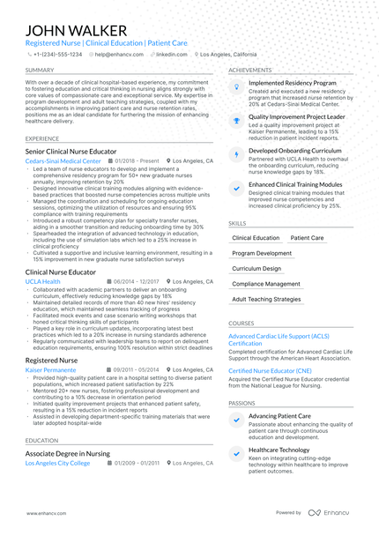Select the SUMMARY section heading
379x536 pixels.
pyautogui.click(x=40, y=70)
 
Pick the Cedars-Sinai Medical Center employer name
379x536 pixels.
pyautogui.click(x=63, y=161)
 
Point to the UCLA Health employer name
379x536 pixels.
pyautogui.click(x=43, y=281)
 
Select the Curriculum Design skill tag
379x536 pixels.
pyautogui.click(x=256, y=268)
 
